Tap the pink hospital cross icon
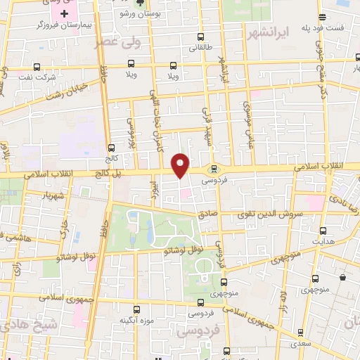pos(64,14)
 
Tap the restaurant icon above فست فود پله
pos(321,17)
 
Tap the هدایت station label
pos(323,240)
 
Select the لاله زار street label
pos(284,299)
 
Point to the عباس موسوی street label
pos(247,124)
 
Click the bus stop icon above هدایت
pos(323,230)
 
